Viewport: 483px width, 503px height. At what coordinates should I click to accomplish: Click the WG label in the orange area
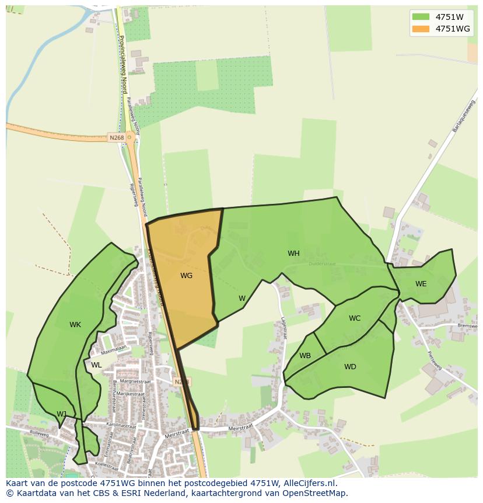tap(186, 275)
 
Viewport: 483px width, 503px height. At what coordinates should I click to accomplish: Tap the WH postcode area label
tap(293, 254)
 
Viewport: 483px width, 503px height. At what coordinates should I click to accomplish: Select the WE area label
tap(421, 283)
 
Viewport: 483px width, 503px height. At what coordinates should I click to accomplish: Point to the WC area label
tap(355, 318)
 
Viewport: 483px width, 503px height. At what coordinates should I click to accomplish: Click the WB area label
tap(305, 356)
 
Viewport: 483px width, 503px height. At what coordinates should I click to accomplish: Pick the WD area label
tap(350, 367)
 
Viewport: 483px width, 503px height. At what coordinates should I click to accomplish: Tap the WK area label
tap(75, 325)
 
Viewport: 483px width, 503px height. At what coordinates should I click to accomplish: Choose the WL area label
tap(96, 365)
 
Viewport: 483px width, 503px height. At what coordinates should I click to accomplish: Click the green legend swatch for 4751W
tap(420, 17)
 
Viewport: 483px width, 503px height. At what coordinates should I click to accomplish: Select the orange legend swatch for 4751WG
tap(420, 29)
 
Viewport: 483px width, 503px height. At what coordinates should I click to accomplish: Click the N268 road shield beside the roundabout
tap(116, 138)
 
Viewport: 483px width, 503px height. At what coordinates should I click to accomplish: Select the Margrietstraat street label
tap(136, 381)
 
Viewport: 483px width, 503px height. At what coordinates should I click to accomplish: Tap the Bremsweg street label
tap(468, 325)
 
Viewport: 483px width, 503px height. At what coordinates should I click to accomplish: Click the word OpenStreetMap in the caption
tap(316, 493)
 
